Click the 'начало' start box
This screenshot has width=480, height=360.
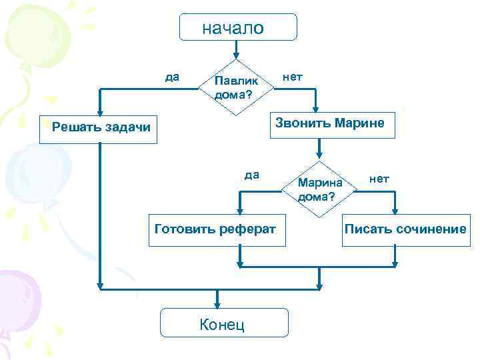point(238,27)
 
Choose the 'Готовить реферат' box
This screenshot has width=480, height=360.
point(215,230)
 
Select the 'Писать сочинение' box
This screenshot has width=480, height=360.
point(405,230)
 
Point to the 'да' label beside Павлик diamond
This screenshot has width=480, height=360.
point(172,77)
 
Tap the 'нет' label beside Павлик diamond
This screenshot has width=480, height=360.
point(292,77)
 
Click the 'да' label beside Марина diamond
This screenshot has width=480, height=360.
point(251,175)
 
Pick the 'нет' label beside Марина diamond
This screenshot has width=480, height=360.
point(379,179)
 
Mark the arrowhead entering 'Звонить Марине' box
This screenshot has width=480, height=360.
point(317,106)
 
